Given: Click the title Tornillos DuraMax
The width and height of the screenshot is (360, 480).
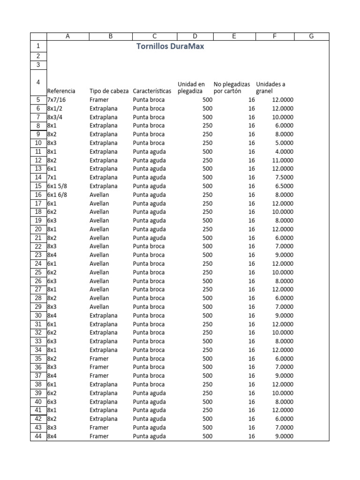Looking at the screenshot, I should (170, 46).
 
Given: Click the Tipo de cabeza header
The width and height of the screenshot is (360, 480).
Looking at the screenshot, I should (109, 91).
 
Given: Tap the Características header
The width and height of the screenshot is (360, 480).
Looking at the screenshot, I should (152, 91).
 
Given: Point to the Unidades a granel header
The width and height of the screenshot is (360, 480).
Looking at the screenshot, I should (270, 88).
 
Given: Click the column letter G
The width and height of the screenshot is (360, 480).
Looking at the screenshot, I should (311, 37).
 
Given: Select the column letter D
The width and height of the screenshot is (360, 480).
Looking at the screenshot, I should (195, 37).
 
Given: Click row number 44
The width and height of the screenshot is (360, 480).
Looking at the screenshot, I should (38, 436).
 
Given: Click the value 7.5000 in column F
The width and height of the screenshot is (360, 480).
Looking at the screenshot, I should (283, 178).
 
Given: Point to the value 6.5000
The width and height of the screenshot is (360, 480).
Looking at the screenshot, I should (283, 186).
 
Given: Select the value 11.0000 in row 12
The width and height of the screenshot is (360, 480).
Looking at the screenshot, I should (281, 160).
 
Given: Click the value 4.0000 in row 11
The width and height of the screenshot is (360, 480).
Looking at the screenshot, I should (283, 151).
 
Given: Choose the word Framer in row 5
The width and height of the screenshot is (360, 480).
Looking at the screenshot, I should (99, 100).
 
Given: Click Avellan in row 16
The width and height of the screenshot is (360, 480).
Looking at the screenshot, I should (99, 195).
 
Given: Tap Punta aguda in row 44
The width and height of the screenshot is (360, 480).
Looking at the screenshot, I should (149, 436).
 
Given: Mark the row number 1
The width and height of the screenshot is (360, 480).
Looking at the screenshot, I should (38, 46).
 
